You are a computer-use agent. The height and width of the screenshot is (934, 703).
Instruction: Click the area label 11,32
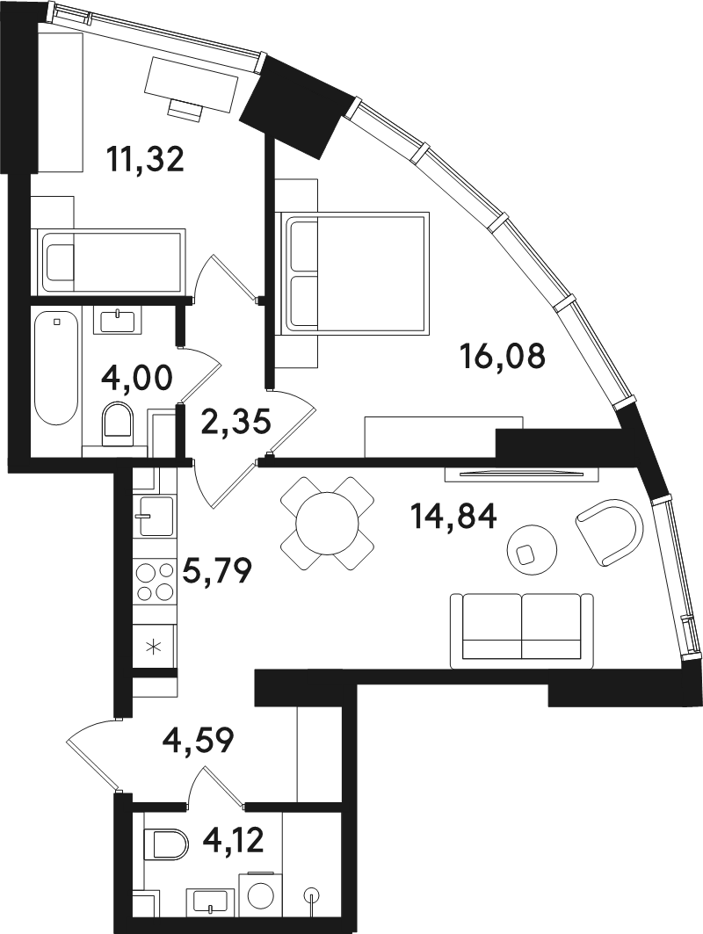145,160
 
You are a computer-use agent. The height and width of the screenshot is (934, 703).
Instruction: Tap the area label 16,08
503,357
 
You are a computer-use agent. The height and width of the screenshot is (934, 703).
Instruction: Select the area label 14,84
453,516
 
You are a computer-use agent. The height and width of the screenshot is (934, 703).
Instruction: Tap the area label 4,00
136,378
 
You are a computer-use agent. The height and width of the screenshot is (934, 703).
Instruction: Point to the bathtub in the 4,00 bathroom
55,367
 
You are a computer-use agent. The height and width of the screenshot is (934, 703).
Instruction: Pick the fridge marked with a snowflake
155,647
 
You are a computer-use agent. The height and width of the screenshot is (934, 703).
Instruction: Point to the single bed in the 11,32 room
110,261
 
